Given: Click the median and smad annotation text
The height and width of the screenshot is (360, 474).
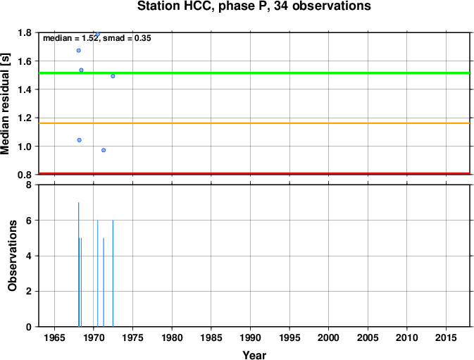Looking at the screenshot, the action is [x=97, y=38].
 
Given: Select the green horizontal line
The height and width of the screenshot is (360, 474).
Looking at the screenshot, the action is [x=254, y=73].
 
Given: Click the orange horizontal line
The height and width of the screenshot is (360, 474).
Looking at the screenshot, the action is [x=254, y=123].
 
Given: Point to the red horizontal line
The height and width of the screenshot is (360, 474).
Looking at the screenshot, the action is [x=254, y=173].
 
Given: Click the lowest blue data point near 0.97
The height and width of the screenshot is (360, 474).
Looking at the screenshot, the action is [x=104, y=150].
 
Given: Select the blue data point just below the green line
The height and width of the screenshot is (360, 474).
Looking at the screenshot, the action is [x=113, y=76].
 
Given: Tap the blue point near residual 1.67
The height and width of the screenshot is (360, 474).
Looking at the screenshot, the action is [x=79, y=51].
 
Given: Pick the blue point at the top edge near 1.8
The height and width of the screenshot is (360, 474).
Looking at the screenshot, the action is [x=98, y=34].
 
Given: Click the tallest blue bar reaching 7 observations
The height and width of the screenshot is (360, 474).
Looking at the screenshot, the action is [x=79, y=264].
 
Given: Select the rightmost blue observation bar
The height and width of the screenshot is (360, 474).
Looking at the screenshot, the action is [x=113, y=273].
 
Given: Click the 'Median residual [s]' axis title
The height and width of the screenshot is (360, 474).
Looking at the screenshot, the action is [x=6, y=104].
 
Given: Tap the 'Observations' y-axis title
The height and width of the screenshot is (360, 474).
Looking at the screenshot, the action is [x=12, y=256].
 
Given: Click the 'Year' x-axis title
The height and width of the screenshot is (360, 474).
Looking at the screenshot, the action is [x=254, y=355].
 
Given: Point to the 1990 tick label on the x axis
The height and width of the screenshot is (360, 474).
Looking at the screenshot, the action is [x=250, y=337].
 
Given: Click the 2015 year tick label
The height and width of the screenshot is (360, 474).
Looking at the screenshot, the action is [x=446, y=337].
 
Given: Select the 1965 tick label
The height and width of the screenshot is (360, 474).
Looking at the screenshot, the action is [x=54, y=337].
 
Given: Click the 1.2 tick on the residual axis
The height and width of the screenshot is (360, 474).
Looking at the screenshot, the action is [x=25, y=118].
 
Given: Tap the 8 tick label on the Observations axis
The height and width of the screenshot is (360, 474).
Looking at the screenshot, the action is [x=29, y=185].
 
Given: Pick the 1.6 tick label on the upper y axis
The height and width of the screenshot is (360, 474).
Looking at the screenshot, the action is [x=25, y=61].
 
